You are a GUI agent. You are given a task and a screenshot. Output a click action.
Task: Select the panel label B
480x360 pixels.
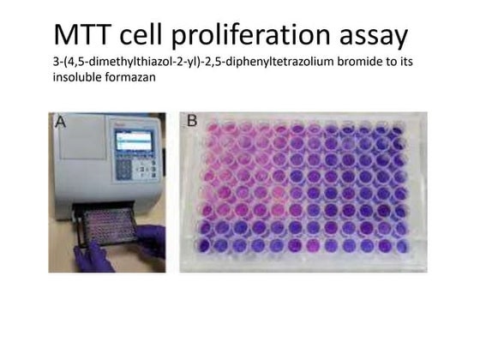193,122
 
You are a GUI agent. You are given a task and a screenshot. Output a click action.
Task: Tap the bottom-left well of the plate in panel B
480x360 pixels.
205,247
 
